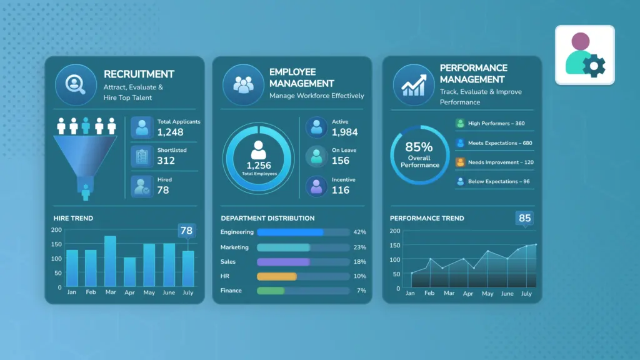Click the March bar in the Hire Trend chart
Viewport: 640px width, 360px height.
tap(110, 261)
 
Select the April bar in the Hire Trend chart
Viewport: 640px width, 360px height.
tap(130, 272)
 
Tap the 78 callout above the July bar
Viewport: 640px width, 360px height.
tap(186, 231)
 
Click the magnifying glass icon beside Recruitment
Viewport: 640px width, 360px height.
tap(76, 84)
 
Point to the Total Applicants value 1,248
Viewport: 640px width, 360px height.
tap(170, 132)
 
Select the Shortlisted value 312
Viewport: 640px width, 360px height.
tap(166, 161)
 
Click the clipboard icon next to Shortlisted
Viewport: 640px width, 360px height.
tap(142, 157)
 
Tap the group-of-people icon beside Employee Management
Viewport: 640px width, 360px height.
tap(243, 85)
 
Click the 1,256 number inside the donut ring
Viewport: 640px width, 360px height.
tap(259, 165)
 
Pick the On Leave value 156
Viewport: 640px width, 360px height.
tap(341, 161)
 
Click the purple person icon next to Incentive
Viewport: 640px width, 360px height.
tap(316, 186)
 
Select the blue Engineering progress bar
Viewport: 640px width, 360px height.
tap(290, 232)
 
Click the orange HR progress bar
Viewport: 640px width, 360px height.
tap(277, 276)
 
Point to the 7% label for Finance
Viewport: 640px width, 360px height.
tap(361, 291)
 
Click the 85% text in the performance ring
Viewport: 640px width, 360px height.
tap(419, 147)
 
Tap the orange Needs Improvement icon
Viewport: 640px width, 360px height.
tap(460, 162)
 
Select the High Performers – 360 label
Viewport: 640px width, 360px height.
tap(496, 123)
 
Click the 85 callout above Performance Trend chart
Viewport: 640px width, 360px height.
tap(524, 218)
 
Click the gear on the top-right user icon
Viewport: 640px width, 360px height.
tap(594, 66)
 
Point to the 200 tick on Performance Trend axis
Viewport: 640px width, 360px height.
tap(395, 231)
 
